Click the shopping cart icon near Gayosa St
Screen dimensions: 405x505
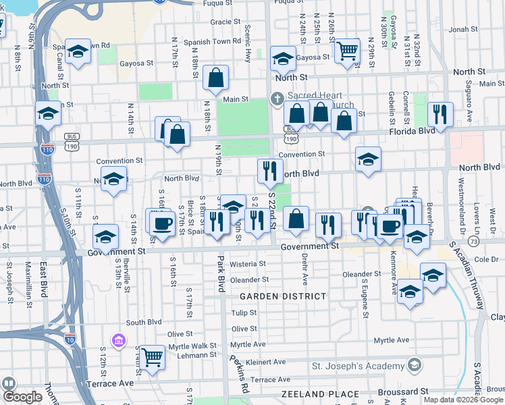coord(347,50)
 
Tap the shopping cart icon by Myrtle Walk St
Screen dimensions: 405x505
coord(153,356)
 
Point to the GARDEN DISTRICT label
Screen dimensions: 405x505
coord(283,296)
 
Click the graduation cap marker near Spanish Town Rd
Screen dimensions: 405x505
coord(78,52)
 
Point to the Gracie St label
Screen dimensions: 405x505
coord(221,22)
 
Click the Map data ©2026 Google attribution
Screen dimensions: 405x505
coord(463,400)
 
